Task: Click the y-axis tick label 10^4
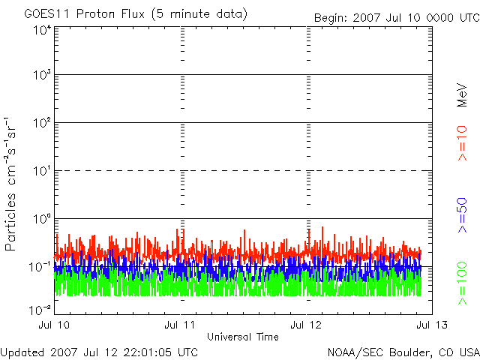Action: pyautogui.click(x=41, y=29)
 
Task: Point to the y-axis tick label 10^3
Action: pyautogui.click(x=41, y=76)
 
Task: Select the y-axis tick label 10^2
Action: pyautogui.click(x=41, y=123)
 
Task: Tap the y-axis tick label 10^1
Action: pyautogui.click(x=41, y=171)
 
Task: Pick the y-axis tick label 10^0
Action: pyautogui.click(x=41, y=219)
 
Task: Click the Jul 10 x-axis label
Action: pyautogui.click(x=55, y=325)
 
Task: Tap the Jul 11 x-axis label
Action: pyautogui.click(x=181, y=325)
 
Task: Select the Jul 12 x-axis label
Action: pyautogui.click(x=307, y=325)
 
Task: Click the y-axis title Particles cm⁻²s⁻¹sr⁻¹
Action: pyautogui.click(x=13, y=184)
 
